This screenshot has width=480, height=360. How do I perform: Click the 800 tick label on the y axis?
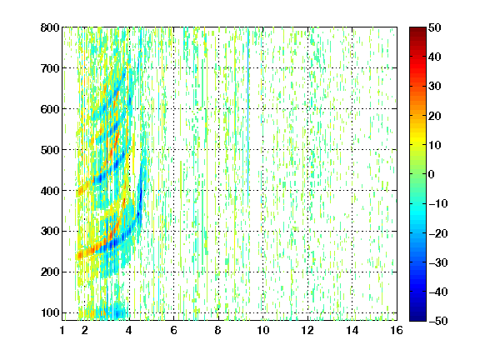50,27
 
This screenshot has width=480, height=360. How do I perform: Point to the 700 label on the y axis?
50,68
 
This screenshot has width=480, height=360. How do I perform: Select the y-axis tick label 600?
50,109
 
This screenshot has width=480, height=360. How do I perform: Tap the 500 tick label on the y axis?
50,150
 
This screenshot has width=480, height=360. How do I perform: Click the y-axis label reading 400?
50,191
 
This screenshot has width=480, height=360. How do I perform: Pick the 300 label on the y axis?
50,232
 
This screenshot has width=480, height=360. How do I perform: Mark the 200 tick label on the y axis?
50,272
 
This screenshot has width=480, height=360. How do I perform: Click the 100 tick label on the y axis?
50,312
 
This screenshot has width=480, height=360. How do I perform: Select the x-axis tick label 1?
62,330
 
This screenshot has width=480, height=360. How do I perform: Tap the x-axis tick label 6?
174,330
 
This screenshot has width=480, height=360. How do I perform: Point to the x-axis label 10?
263,330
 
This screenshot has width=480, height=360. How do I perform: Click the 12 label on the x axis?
307,330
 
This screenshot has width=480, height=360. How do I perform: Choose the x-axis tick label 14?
352,330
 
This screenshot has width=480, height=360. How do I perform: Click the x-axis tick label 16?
397,330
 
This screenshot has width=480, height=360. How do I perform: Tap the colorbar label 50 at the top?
435,27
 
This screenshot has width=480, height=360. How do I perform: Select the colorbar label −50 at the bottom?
438,321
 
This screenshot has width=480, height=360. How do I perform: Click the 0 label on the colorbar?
432,174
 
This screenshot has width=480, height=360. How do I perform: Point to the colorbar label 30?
435,87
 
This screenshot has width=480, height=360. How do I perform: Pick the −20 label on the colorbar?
438,233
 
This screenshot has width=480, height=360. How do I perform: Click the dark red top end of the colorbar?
417,29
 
